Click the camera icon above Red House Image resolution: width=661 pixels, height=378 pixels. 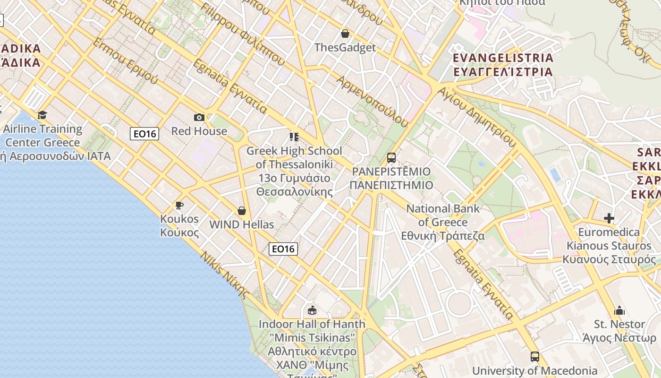(x=199, y=117)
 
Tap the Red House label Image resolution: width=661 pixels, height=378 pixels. (x=199, y=131)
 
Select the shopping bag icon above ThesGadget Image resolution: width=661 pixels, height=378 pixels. (x=345, y=34)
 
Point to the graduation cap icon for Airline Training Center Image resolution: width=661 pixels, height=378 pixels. (x=42, y=115)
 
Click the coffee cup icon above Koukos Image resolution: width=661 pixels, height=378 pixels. (x=179, y=205)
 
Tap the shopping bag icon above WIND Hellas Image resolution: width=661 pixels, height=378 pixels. (x=242, y=210)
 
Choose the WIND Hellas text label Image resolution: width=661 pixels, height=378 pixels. (x=242, y=224)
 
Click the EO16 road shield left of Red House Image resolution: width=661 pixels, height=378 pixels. (x=144, y=134)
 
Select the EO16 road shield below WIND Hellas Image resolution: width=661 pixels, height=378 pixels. (x=283, y=249)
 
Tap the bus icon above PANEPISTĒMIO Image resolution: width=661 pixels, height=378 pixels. (x=391, y=157)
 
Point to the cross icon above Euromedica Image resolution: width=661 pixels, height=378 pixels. (x=609, y=218)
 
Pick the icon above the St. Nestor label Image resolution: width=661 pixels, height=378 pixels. (x=619, y=310)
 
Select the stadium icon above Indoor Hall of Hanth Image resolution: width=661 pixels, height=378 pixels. (x=312, y=310)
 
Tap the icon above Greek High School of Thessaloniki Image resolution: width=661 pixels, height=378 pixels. (x=294, y=137)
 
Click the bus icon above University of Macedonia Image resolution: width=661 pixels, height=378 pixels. (x=534, y=357)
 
